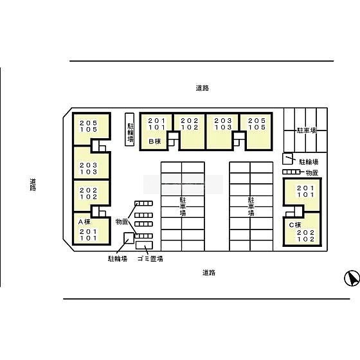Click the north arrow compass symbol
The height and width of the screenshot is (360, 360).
(x=352, y=278)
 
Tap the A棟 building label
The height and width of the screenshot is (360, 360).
(x=84, y=222)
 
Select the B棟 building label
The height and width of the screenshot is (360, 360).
(x=155, y=141)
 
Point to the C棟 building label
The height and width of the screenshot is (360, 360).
(x=295, y=225)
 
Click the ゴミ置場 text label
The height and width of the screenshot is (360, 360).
(x=150, y=258)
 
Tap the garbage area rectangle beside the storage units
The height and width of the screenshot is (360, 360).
(x=144, y=245)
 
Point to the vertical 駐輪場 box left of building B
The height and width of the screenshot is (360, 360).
(x=129, y=129)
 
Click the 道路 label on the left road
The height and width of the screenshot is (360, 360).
(x=33, y=184)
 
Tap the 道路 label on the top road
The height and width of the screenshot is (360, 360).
(x=203, y=88)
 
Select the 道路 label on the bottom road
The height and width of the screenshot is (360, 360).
(x=209, y=273)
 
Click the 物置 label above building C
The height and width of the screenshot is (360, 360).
(x=312, y=173)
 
